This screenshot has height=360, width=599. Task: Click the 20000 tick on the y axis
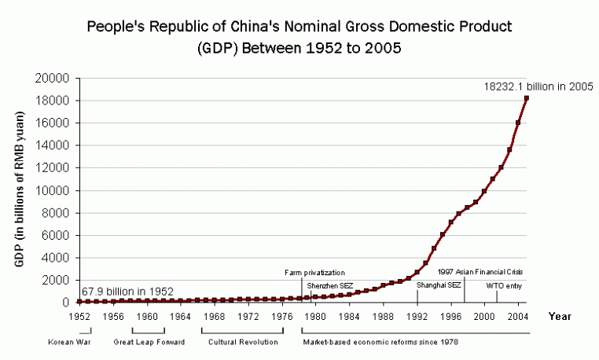point(57,79)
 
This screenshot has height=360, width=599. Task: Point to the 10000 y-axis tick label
point(57,190)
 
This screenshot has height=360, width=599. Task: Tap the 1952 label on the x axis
point(79,317)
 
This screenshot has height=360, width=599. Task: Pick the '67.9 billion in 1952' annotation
point(127,291)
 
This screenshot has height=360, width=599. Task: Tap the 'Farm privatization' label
point(314,272)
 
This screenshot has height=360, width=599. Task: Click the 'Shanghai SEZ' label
point(439,285)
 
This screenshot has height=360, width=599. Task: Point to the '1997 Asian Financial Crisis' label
point(480,272)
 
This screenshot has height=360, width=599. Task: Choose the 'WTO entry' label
point(504,285)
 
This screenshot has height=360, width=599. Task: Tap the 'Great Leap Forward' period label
point(149,343)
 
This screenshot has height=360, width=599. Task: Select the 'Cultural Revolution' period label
point(243,343)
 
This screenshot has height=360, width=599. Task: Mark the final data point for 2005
point(526,97)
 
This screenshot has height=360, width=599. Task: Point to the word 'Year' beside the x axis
point(560,317)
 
